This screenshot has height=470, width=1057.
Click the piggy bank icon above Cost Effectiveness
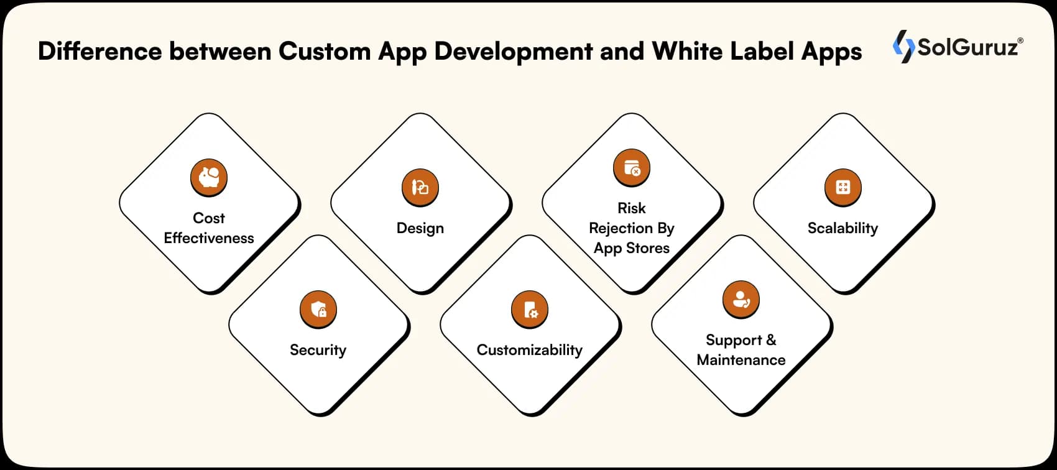(x=209, y=178)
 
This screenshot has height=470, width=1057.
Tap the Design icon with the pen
(x=420, y=187)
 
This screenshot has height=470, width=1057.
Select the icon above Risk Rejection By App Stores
(x=632, y=168)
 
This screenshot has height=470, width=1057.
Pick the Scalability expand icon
(x=843, y=187)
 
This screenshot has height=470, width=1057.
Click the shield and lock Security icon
(x=318, y=309)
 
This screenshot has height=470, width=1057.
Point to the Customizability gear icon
(x=530, y=309)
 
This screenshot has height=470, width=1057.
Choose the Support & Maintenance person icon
(x=741, y=299)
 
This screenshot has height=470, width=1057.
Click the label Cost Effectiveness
(x=209, y=228)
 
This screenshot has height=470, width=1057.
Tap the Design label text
(x=420, y=228)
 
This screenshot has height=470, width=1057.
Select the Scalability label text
(x=842, y=228)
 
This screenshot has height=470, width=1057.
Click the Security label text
(x=318, y=350)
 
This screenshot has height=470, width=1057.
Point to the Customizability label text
(x=530, y=350)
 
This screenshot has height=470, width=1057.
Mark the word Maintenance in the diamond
(x=741, y=360)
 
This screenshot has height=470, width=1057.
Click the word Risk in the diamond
(x=632, y=208)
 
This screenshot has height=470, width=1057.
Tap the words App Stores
(x=632, y=248)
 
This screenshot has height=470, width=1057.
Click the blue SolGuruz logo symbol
(x=903, y=47)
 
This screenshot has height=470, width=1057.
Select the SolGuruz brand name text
(x=967, y=47)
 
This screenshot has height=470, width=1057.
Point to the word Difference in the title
(x=99, y=51)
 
